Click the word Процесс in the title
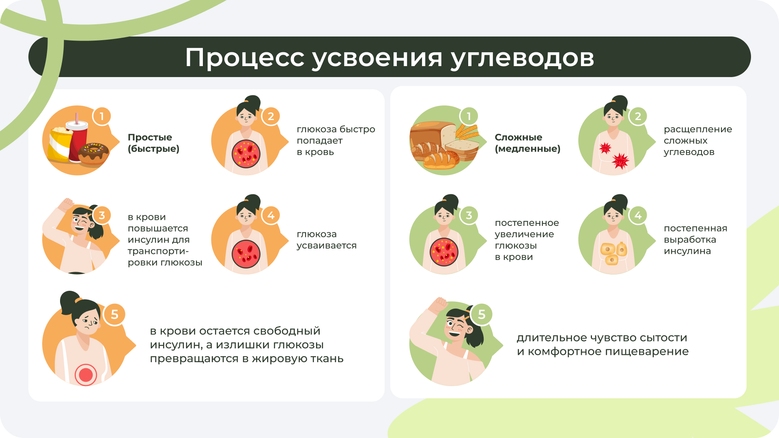[x=245, y=57]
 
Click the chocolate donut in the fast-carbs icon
[x=94, y=154]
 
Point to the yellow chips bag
[x=60, y=144]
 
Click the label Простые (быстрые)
[x=153, y=143]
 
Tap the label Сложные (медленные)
[x=527, y=143]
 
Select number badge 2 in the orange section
[x=271, y=116]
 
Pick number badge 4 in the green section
[x=638, y=215]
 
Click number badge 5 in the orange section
[x=114, y=314]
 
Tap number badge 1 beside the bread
[x=469, y=116]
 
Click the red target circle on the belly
[x=86, y=375]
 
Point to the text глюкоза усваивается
[x=327, y=240]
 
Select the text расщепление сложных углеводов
[x=698, y=141]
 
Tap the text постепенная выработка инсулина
[x=695, y=240]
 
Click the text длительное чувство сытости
[x=602, y=338]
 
